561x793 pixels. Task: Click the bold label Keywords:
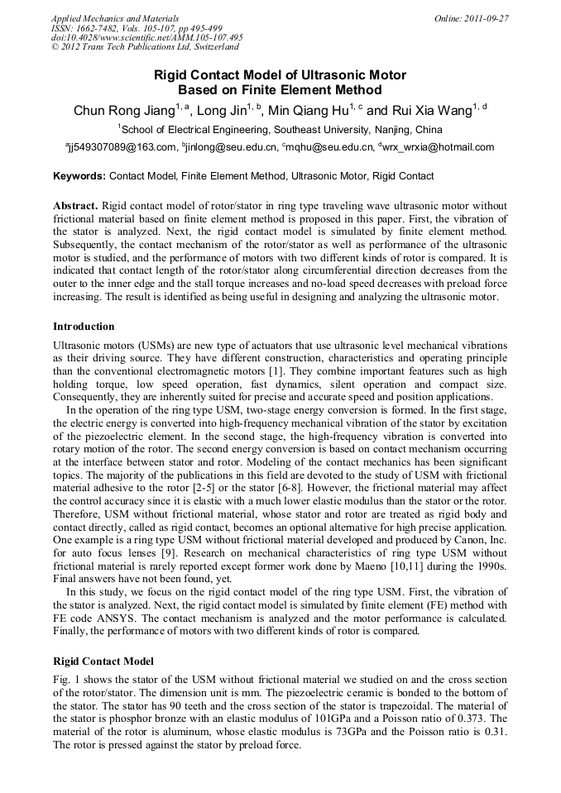(x=79, y=176)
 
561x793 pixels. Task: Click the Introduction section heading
(x=84, y=327)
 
